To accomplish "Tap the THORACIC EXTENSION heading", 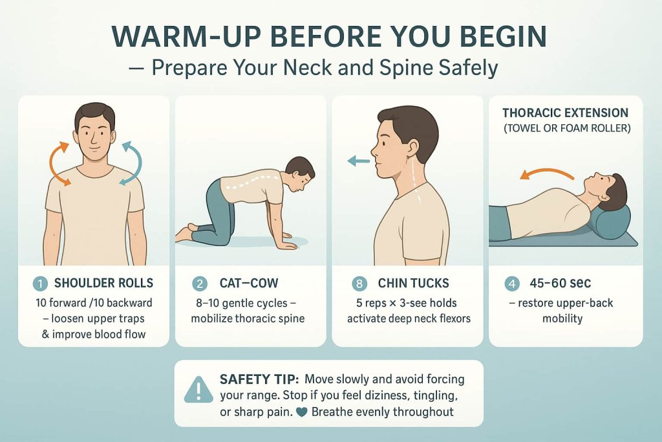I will coord(565,113).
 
